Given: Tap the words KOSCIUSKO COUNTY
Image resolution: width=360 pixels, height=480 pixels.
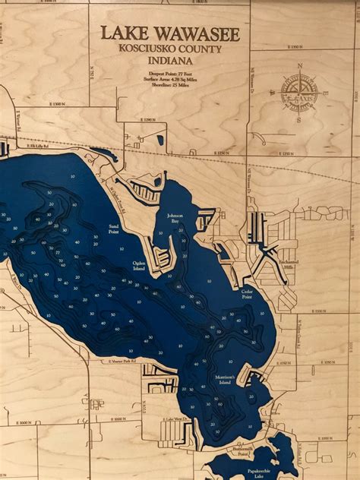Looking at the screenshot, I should pos(170,48).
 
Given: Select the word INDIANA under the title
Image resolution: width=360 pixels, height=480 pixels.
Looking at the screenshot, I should pos(170,59).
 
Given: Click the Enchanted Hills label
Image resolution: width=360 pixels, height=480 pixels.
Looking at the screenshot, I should pos(291,262).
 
